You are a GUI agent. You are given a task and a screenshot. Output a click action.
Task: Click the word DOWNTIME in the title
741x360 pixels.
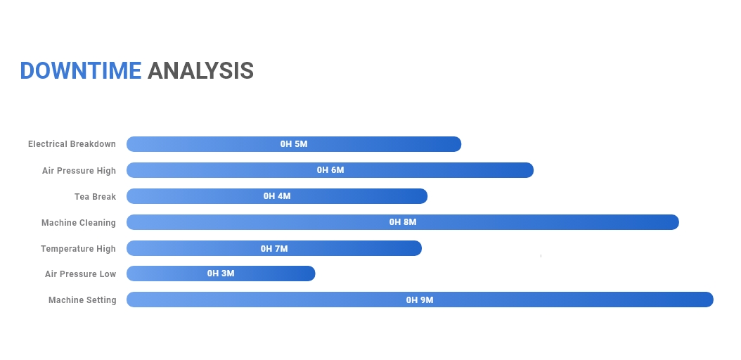coord(80,71)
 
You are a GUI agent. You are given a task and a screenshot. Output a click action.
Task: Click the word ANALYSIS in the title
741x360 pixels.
coord(200,71)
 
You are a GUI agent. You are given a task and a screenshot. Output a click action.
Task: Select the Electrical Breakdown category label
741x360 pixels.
coord(72,144)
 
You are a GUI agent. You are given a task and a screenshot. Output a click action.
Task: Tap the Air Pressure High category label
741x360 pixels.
coord(79,171)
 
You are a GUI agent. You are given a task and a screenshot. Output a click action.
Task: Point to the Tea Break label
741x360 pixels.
coord(95,197)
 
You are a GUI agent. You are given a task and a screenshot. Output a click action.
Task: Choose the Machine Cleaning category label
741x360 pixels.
coord(79,222)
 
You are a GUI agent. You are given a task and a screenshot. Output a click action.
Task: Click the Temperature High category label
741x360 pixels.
coord(78,248)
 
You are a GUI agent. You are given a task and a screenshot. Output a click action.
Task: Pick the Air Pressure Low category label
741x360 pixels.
coord(80,274)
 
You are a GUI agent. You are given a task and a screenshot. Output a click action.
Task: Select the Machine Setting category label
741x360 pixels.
coord(82,300)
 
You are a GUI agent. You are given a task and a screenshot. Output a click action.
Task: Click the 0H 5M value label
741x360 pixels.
coord(294,144)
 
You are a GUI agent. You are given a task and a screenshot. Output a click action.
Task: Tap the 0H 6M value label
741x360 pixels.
coord(330,170)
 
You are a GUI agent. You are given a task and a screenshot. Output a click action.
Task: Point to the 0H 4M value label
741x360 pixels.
coord(277,196)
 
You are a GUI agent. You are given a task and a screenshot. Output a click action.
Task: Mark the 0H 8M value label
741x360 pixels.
coord(403,222)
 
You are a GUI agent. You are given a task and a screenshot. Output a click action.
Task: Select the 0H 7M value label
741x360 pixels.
coord(274,248)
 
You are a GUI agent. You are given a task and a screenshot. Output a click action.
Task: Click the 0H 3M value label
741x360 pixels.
coord(221,274)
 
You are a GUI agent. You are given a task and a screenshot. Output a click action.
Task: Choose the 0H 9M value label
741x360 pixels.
coord(420,300)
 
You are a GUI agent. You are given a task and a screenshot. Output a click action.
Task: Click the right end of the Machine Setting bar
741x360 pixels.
coord(713,300)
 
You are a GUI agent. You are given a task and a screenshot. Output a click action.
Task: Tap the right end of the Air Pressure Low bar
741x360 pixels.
coord(314,274)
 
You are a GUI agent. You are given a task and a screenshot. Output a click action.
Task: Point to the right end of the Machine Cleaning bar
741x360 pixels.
coord(678,222)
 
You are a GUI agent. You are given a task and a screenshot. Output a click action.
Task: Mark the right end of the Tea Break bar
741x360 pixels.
coord(427,196)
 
